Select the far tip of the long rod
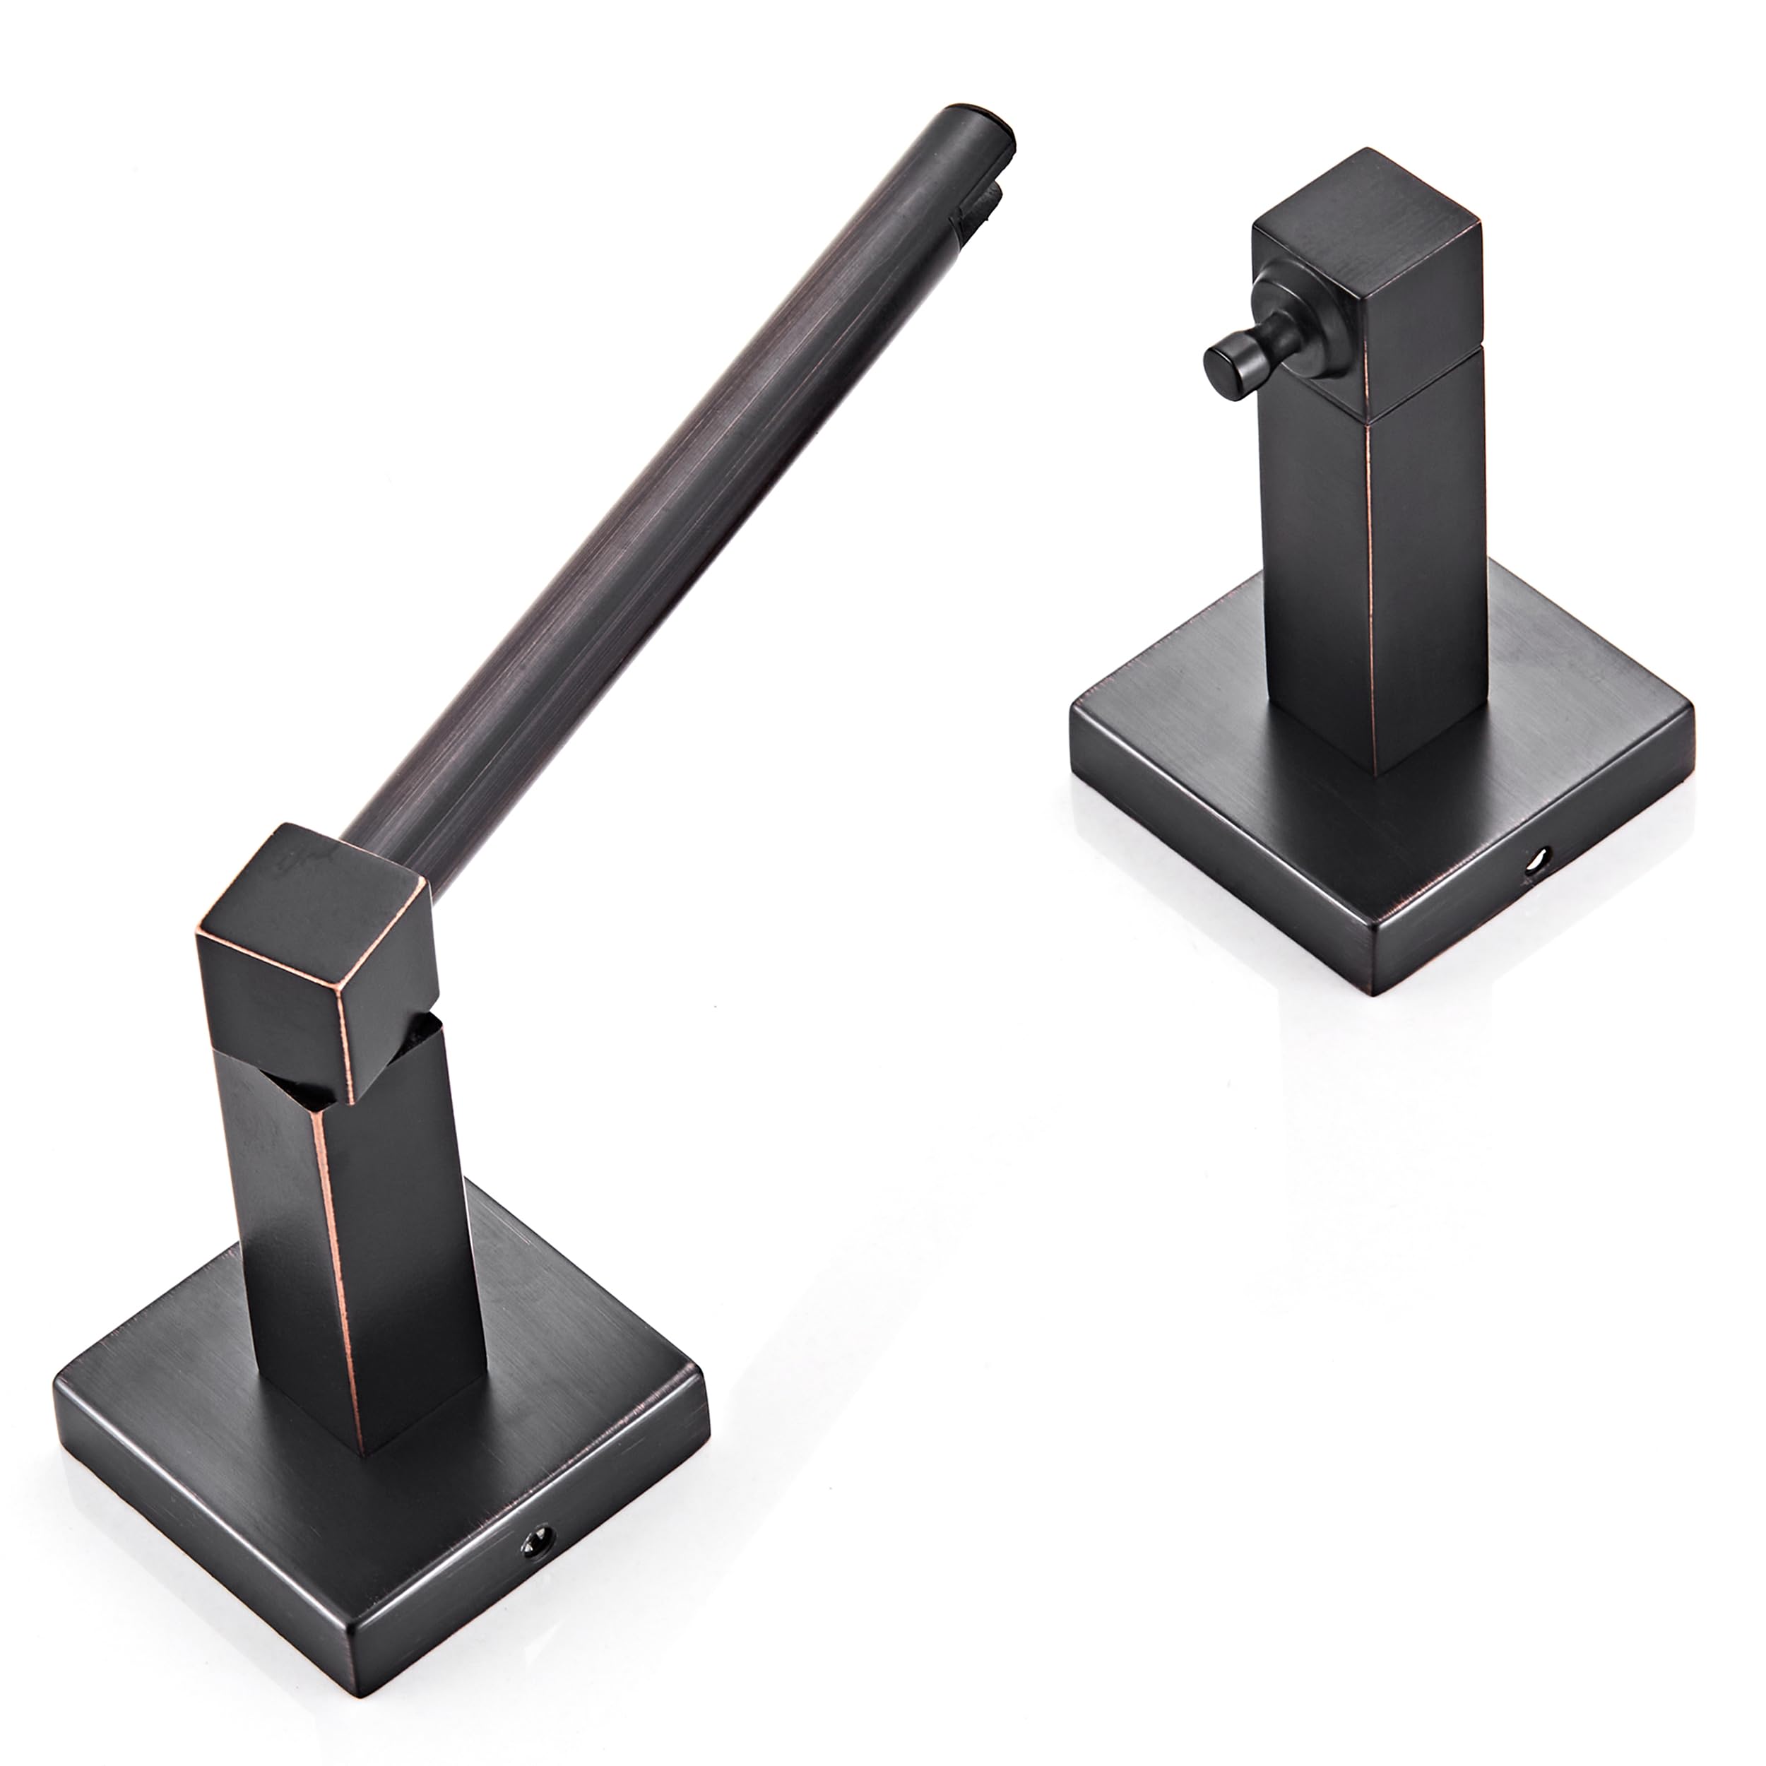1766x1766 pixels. (978, 124)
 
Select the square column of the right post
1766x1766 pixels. (1371, 585)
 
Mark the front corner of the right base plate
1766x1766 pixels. (1380, 992)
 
